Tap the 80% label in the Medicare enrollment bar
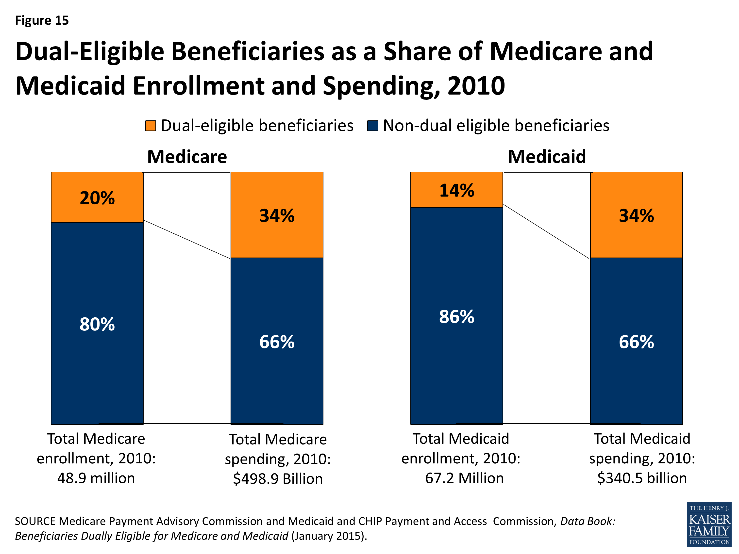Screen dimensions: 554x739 click(97, 324)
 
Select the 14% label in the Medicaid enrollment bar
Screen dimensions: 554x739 click(456, 190)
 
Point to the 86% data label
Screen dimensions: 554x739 click(456, 317)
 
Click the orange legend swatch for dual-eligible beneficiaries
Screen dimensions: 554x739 click(151, 126)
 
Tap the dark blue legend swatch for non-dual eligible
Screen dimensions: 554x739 click(372, 126)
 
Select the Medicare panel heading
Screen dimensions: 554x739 click(187, 157)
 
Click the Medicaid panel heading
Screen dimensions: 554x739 click(547, 157)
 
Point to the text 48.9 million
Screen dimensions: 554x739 click(96, 478)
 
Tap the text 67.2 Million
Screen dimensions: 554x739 click(464, 478)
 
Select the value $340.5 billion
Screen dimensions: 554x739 click(642, 478)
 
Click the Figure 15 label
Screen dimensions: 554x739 click(42, 20)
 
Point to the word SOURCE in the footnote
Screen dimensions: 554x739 click(35, 521)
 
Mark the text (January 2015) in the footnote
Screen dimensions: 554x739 click(329, 536)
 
